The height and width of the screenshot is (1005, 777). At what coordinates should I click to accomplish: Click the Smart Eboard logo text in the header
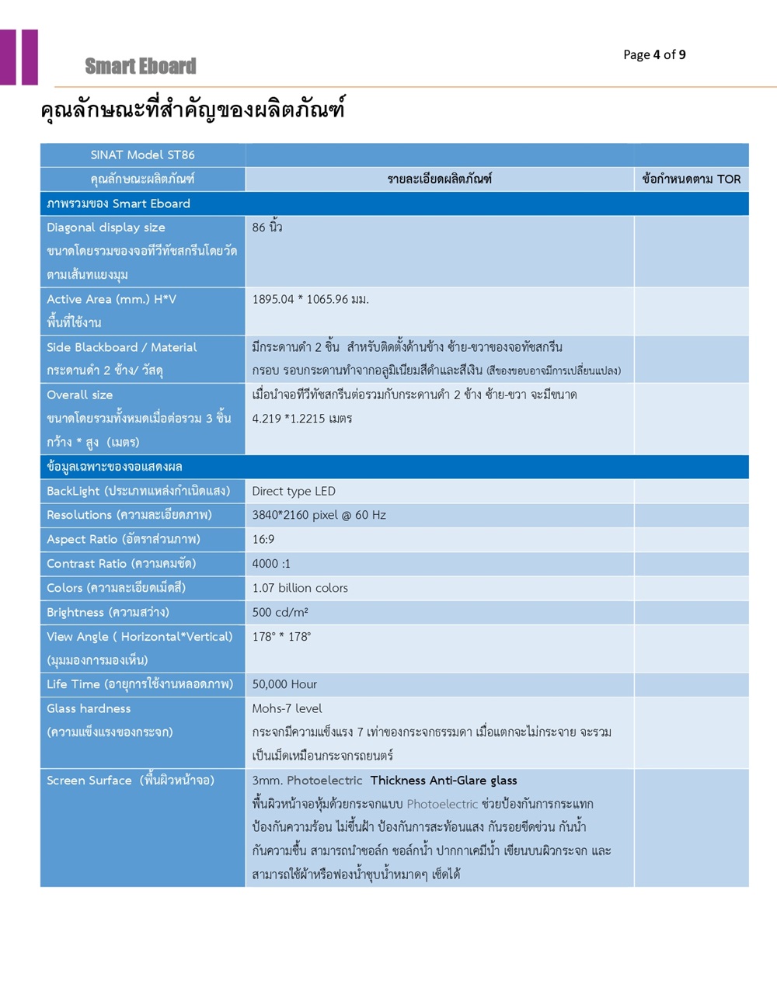(141, 67)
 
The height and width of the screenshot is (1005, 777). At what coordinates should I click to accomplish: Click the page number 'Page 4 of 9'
(654, 54)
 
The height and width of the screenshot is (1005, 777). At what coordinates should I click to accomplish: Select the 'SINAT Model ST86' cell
(142, 155)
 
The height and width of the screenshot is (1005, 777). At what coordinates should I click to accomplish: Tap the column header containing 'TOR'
(691, 179)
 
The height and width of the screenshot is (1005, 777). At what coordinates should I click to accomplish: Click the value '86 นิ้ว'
(267, 228)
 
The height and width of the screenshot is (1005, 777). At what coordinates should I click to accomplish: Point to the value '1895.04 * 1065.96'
(310, 299)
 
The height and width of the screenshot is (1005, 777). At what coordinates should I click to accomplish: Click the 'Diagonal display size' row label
(106, 228)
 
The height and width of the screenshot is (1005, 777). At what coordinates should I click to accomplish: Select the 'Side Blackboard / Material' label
(121, 347)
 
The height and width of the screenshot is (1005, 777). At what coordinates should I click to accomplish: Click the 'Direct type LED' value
(294, 491)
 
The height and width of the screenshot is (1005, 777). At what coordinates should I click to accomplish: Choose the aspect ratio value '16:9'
(263, 539)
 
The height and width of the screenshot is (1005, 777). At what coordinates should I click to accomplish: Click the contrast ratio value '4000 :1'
(271, 564)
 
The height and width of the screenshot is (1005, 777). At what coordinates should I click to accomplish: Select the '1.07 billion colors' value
(300, 588)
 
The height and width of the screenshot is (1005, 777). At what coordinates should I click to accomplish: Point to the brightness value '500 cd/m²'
(280, 612)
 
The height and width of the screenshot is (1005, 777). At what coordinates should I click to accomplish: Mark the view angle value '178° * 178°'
(281, 637)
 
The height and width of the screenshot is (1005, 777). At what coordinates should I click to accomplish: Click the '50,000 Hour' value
(284, 684)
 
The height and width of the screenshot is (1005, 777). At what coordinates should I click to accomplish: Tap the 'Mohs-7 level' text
(287, 708)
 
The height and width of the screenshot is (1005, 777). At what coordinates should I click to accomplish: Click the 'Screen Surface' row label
(89, 781)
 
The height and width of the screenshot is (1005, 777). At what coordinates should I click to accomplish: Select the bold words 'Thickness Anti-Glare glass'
(444, 781)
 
